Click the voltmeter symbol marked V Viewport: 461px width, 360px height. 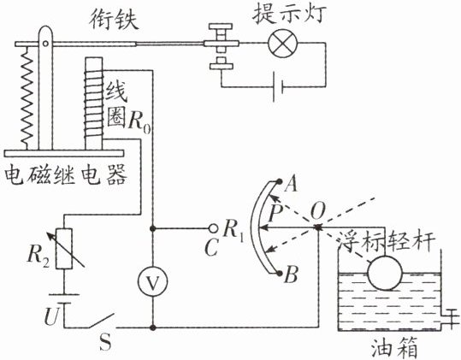pyautogui.click(x=152, y=281)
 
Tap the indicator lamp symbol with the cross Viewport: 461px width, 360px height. pyautogui.click(x=282, y=44)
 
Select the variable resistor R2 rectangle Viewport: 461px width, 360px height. pyautogui.click(x=64, y=249)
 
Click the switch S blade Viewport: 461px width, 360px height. pyautogui.click(x=100, y=321)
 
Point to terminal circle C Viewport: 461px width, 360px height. pyautogui.click(x=213, y=228)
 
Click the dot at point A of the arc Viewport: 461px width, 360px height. pyautogui.click(x=280, y=181)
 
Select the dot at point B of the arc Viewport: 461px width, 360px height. pyautogui.click(x=279, y=274)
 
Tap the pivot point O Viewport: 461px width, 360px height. pyautogui.click(x=317, y=227)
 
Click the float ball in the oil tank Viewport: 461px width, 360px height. pyautogui.click(x=385, y=273)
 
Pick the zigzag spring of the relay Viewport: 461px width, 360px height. pyautogui.click(x=27, y=97)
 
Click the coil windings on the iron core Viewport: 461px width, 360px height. pyautogui.click(x=93, y=103)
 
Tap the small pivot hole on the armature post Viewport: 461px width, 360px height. pyautogui.click(x=45, y=44)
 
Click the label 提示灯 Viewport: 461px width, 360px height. pyautogui.click(x=289, y=14)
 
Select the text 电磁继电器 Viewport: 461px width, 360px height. pyautogui.click(x=66, y=174)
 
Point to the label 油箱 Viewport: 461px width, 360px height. pyautogui.click(x=394, y=348)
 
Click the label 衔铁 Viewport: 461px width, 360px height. pyautogui.click(x=114, y=20)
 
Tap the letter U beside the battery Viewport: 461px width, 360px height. pyautogui.click(x=52, y=316)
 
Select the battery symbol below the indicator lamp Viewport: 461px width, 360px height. pyautogui.click(x=277, y=86)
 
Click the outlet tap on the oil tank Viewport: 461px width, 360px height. pyautogui.click(x=450, y=318)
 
